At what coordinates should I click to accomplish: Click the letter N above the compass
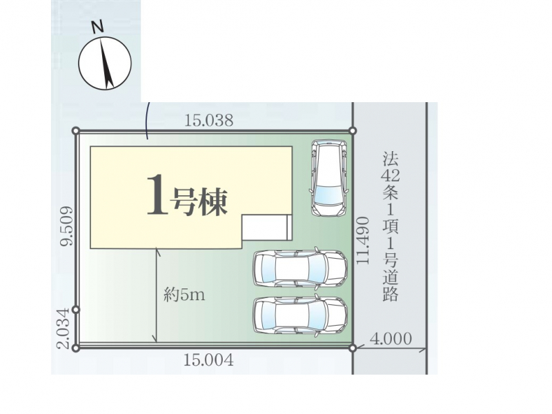pos(97,27)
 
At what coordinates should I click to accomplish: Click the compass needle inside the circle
pos(106,63)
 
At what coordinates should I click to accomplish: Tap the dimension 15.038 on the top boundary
pos(209,120)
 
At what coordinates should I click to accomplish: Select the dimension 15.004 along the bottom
pos(209,360)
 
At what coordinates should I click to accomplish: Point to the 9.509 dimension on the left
pos(66,226)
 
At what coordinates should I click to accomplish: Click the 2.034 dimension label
pos(63,328)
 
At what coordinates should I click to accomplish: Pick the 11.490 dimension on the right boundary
pos(363,240)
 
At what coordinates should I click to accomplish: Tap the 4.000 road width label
pos(391,339)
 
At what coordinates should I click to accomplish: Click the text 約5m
pos(184,295)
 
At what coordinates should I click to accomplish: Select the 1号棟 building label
pos(187,196)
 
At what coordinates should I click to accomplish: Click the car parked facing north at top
pos(328,178)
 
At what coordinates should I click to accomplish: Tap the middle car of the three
pos(300,268)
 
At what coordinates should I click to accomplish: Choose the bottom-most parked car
pos(300,315)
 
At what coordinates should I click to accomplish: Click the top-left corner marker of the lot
pos(75,131)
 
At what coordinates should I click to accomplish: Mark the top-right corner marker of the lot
pos(353,131)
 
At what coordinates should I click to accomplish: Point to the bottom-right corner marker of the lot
pos(353,348)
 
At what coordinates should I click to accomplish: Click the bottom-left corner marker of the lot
pos(75,348)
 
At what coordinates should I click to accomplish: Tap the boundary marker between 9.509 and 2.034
pos(75,310)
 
